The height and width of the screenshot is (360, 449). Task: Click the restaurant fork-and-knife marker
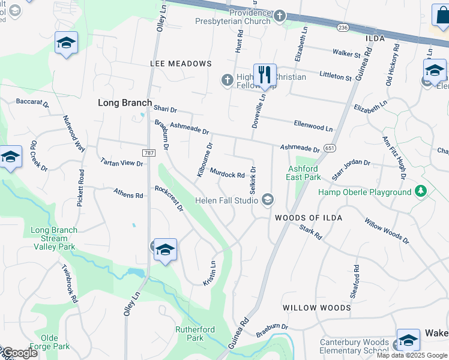[264, 75]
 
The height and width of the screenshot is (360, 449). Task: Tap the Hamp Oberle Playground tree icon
[421, 191]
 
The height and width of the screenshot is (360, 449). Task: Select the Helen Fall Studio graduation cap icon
[268, 200]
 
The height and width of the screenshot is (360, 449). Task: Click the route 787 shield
[148, 153]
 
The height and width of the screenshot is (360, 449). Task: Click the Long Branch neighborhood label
[125, 103]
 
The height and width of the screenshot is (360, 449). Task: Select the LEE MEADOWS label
[182, 64]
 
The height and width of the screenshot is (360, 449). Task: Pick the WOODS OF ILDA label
[309, 218]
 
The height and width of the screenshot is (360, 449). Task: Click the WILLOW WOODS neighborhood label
[317, 308]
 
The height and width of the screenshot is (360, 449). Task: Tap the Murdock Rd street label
[227, 175]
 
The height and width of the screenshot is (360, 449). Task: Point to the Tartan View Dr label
[122, 163]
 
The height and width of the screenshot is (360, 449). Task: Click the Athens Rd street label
[128, 194]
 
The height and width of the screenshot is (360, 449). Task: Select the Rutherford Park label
[194, 333]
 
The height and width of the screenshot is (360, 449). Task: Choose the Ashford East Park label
[304, 173]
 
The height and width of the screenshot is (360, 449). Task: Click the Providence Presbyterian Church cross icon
[280, 16]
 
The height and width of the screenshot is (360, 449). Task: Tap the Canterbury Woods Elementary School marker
[408, 340]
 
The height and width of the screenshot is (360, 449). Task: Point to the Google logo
[19, 353]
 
